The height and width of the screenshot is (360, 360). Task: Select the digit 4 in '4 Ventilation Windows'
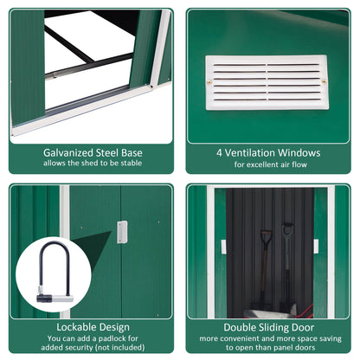(x=220, y=152)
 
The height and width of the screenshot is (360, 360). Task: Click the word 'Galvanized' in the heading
(x=73, y=152)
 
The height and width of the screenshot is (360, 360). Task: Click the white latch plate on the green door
(x=122, y=231)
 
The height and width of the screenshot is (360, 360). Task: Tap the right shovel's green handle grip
(x=288, y=229)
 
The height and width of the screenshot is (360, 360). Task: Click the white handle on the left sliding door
(x=222, y=247)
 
